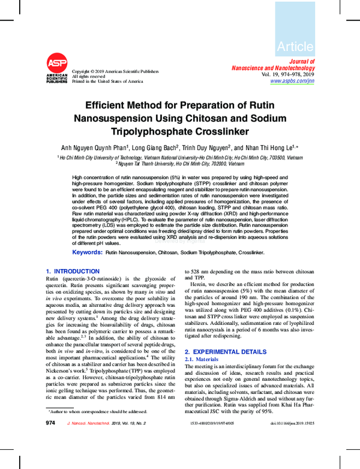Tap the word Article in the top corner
click(x=295, y=46)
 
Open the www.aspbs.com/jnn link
click(x=291, y=80)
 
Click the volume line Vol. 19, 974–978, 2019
click(x=283, y=73)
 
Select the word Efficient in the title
click(x=107, y=104)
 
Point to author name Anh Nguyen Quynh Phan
click(x=93, y=148)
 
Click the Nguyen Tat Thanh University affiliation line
click(x=180, y=163)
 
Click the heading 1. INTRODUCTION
click(x=73, y=271)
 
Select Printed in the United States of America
click(x=107, y=81)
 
